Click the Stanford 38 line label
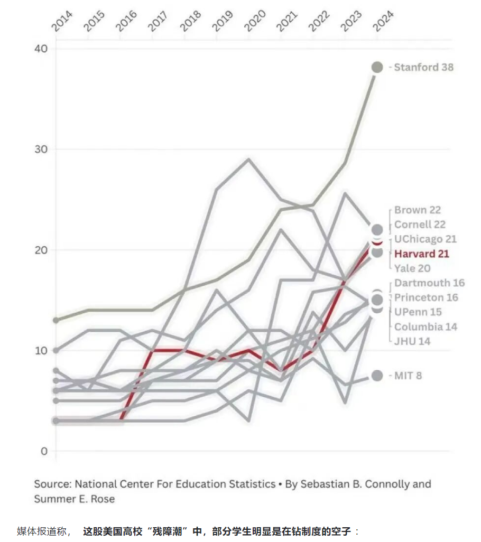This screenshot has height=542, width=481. pos(423,67)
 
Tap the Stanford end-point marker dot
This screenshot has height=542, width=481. pos(377,67)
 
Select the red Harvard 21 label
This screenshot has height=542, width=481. pos(422,254)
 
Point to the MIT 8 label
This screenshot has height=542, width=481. pos(408,376)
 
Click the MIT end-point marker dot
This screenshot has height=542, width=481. pos(377,376)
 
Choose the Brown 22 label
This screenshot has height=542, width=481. pos(418,210)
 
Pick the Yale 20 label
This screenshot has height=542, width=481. pos(412,268)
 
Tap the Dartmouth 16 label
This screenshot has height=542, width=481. pos(429,283)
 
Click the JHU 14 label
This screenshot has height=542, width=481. pos(412,341)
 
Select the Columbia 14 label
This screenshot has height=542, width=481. pos(425,326)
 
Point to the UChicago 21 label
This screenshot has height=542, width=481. pos(425,239)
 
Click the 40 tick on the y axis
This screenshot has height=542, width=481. pos(41,49)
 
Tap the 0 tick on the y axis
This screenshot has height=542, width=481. pos(44,451)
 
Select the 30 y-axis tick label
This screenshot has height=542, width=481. pos(41,149)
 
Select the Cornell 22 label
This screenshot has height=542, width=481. pos(420,225)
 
